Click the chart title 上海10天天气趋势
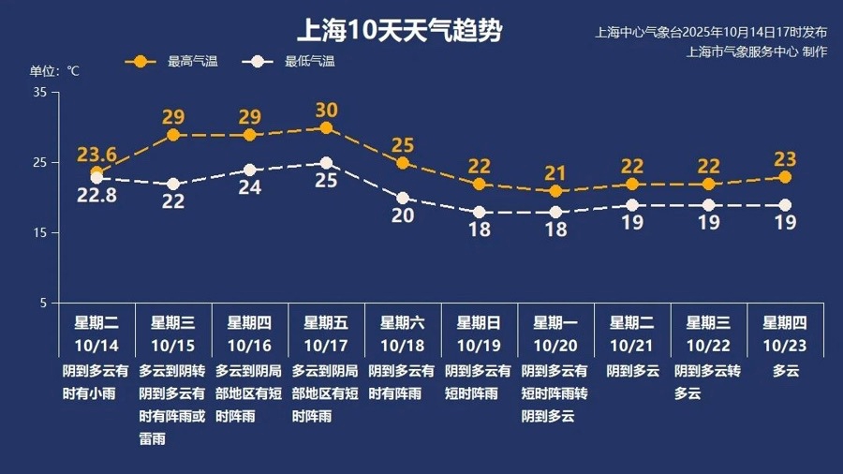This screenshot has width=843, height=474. pyautogui.click(x=399, y=31)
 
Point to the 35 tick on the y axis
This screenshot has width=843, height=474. pyautogui.click(x=40, y=92)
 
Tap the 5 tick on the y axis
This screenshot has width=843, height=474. pyautogui.click(x=43, y=303)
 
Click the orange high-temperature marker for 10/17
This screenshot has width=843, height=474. pyautogui.click(x=326, y=127)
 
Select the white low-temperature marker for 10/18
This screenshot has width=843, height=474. pyautogui.click(x=403, y=198)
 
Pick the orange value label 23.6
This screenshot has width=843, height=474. pyautogui.click(x=96, y=155)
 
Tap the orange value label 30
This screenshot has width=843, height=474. pyautogui.click(x=326, y=110)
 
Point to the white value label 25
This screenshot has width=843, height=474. pyautogui.click(x=326, y=181)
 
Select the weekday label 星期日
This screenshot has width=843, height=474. pyautogui.click(x=479, y=323)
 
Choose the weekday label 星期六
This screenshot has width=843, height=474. pyautogui.click(x=403, y=323)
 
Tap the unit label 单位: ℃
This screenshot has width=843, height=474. pyautogui.click(x=55, y=71)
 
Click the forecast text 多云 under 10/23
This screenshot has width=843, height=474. pyautogui.click(x=785, y=371)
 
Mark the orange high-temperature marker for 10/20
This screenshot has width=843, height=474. pyautogui.click(x=555, y=191)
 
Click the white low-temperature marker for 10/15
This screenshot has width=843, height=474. pyautogui.click(x=173, y=184)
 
